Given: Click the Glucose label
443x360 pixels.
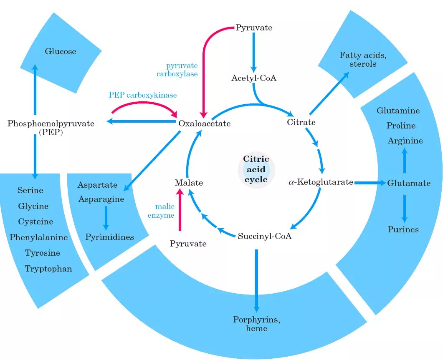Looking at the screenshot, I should tap(61, 51).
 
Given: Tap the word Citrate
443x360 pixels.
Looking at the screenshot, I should tap(301, 122).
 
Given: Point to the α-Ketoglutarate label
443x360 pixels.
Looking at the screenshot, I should tap(321, 182).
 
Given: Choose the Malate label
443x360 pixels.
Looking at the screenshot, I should tap(189, 183).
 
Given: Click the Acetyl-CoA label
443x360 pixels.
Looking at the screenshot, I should tap(254, 78).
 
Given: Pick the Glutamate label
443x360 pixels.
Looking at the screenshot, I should tap(409, 183).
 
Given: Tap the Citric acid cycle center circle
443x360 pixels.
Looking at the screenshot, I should tap(256, 169).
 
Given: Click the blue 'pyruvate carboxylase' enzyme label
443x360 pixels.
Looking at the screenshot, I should tap(182, 70).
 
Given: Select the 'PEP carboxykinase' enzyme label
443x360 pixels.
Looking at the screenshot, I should tap(143, 95).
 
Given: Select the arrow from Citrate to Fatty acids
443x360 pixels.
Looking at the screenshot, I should tap(329, 93).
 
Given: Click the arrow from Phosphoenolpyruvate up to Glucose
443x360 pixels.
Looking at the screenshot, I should tap(35, 89).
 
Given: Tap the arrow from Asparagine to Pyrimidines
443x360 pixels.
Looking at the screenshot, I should tap(106, 217).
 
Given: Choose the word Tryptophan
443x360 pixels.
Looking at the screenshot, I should tap(48, 269).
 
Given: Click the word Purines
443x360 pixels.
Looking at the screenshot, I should tap(403, 229).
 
